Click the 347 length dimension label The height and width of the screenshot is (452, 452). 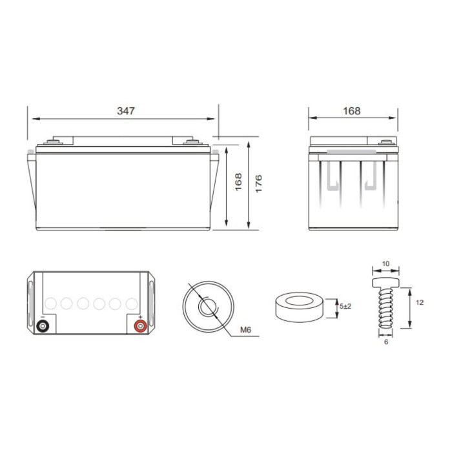pos(126,111)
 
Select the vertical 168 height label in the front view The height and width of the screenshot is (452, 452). pos(238,183)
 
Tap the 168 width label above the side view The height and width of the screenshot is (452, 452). pos(351,111)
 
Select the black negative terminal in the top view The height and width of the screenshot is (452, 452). pos(43,327)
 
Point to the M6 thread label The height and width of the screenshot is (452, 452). pos(246,331)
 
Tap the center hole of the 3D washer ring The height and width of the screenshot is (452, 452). pos(298,302)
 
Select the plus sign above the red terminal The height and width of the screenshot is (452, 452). pos(139,317)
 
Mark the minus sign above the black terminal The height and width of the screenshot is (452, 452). pos(43,317)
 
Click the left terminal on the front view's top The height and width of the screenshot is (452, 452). pos(54,142)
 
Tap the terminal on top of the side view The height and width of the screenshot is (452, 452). pos(387,142)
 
